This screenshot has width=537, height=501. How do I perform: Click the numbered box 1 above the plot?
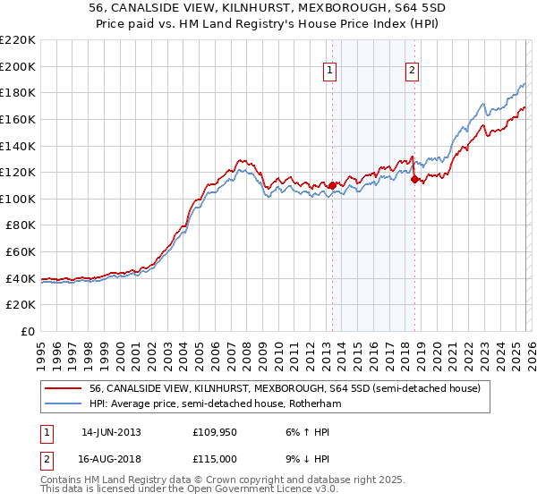(x=331, y=71)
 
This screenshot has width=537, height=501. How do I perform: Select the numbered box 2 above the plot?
(x=412, y=71)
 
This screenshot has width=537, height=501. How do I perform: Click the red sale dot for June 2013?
(x=332, y=185)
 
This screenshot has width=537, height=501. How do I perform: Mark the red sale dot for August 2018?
(x=414, y=179)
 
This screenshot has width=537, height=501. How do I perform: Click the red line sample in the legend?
(x=64, y=388)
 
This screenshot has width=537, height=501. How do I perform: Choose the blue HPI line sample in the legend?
(x=64, y=404)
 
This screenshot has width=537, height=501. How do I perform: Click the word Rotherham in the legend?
(x=318, y=404)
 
